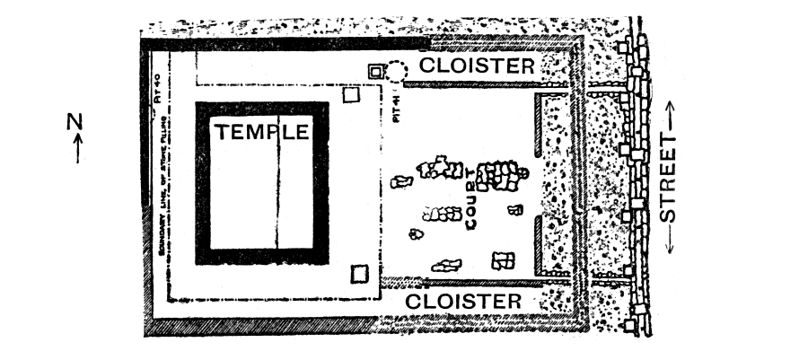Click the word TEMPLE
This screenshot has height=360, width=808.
coord(261,132)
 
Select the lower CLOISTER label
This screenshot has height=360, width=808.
coord(463,301)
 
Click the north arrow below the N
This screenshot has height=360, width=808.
coord(76,148)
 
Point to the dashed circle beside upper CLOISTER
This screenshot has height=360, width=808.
coord(397,69)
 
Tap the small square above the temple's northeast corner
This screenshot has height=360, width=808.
coord(351,94)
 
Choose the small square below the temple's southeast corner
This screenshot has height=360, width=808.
coord(360,273)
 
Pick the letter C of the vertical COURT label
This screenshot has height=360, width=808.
coord(470,222)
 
